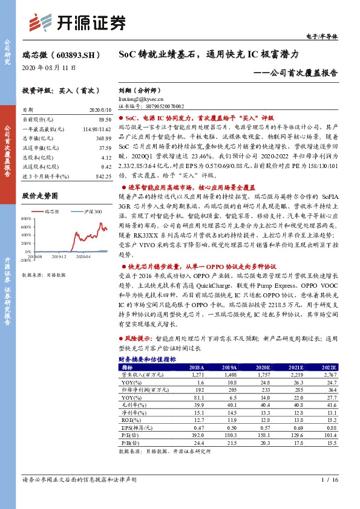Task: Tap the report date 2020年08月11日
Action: (44, 67)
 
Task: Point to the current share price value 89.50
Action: (104, 120)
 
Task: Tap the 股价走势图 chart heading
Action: (39, 196)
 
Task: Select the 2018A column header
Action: (197, 367)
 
